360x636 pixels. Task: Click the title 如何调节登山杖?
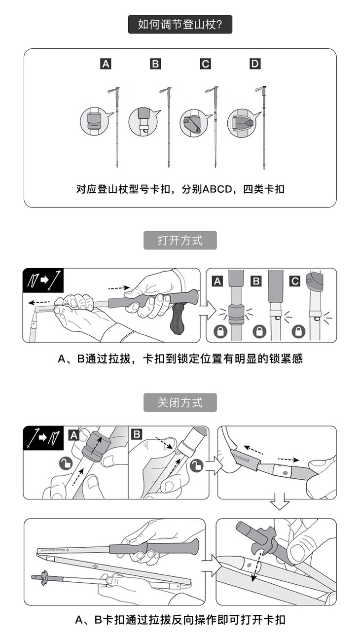pos(180,25)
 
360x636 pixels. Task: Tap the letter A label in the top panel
pos(106,64)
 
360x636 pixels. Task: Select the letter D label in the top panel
pos(255,64)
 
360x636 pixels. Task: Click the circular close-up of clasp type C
pos(194,123)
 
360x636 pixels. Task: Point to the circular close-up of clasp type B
pos(143,122)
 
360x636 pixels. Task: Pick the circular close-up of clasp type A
pos(95,121)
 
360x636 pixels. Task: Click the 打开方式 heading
pos(180,241)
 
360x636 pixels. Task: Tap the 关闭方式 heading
pos(180,402)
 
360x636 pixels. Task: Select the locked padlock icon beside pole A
pos(220,331)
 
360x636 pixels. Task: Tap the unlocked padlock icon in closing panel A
pos(66,463)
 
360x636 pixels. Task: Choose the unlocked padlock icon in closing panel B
pos(197,465)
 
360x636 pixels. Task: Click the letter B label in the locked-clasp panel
pos(256,281)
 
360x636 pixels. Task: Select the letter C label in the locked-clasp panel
pos(295,281)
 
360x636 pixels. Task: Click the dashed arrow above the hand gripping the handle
pos(119,288)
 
